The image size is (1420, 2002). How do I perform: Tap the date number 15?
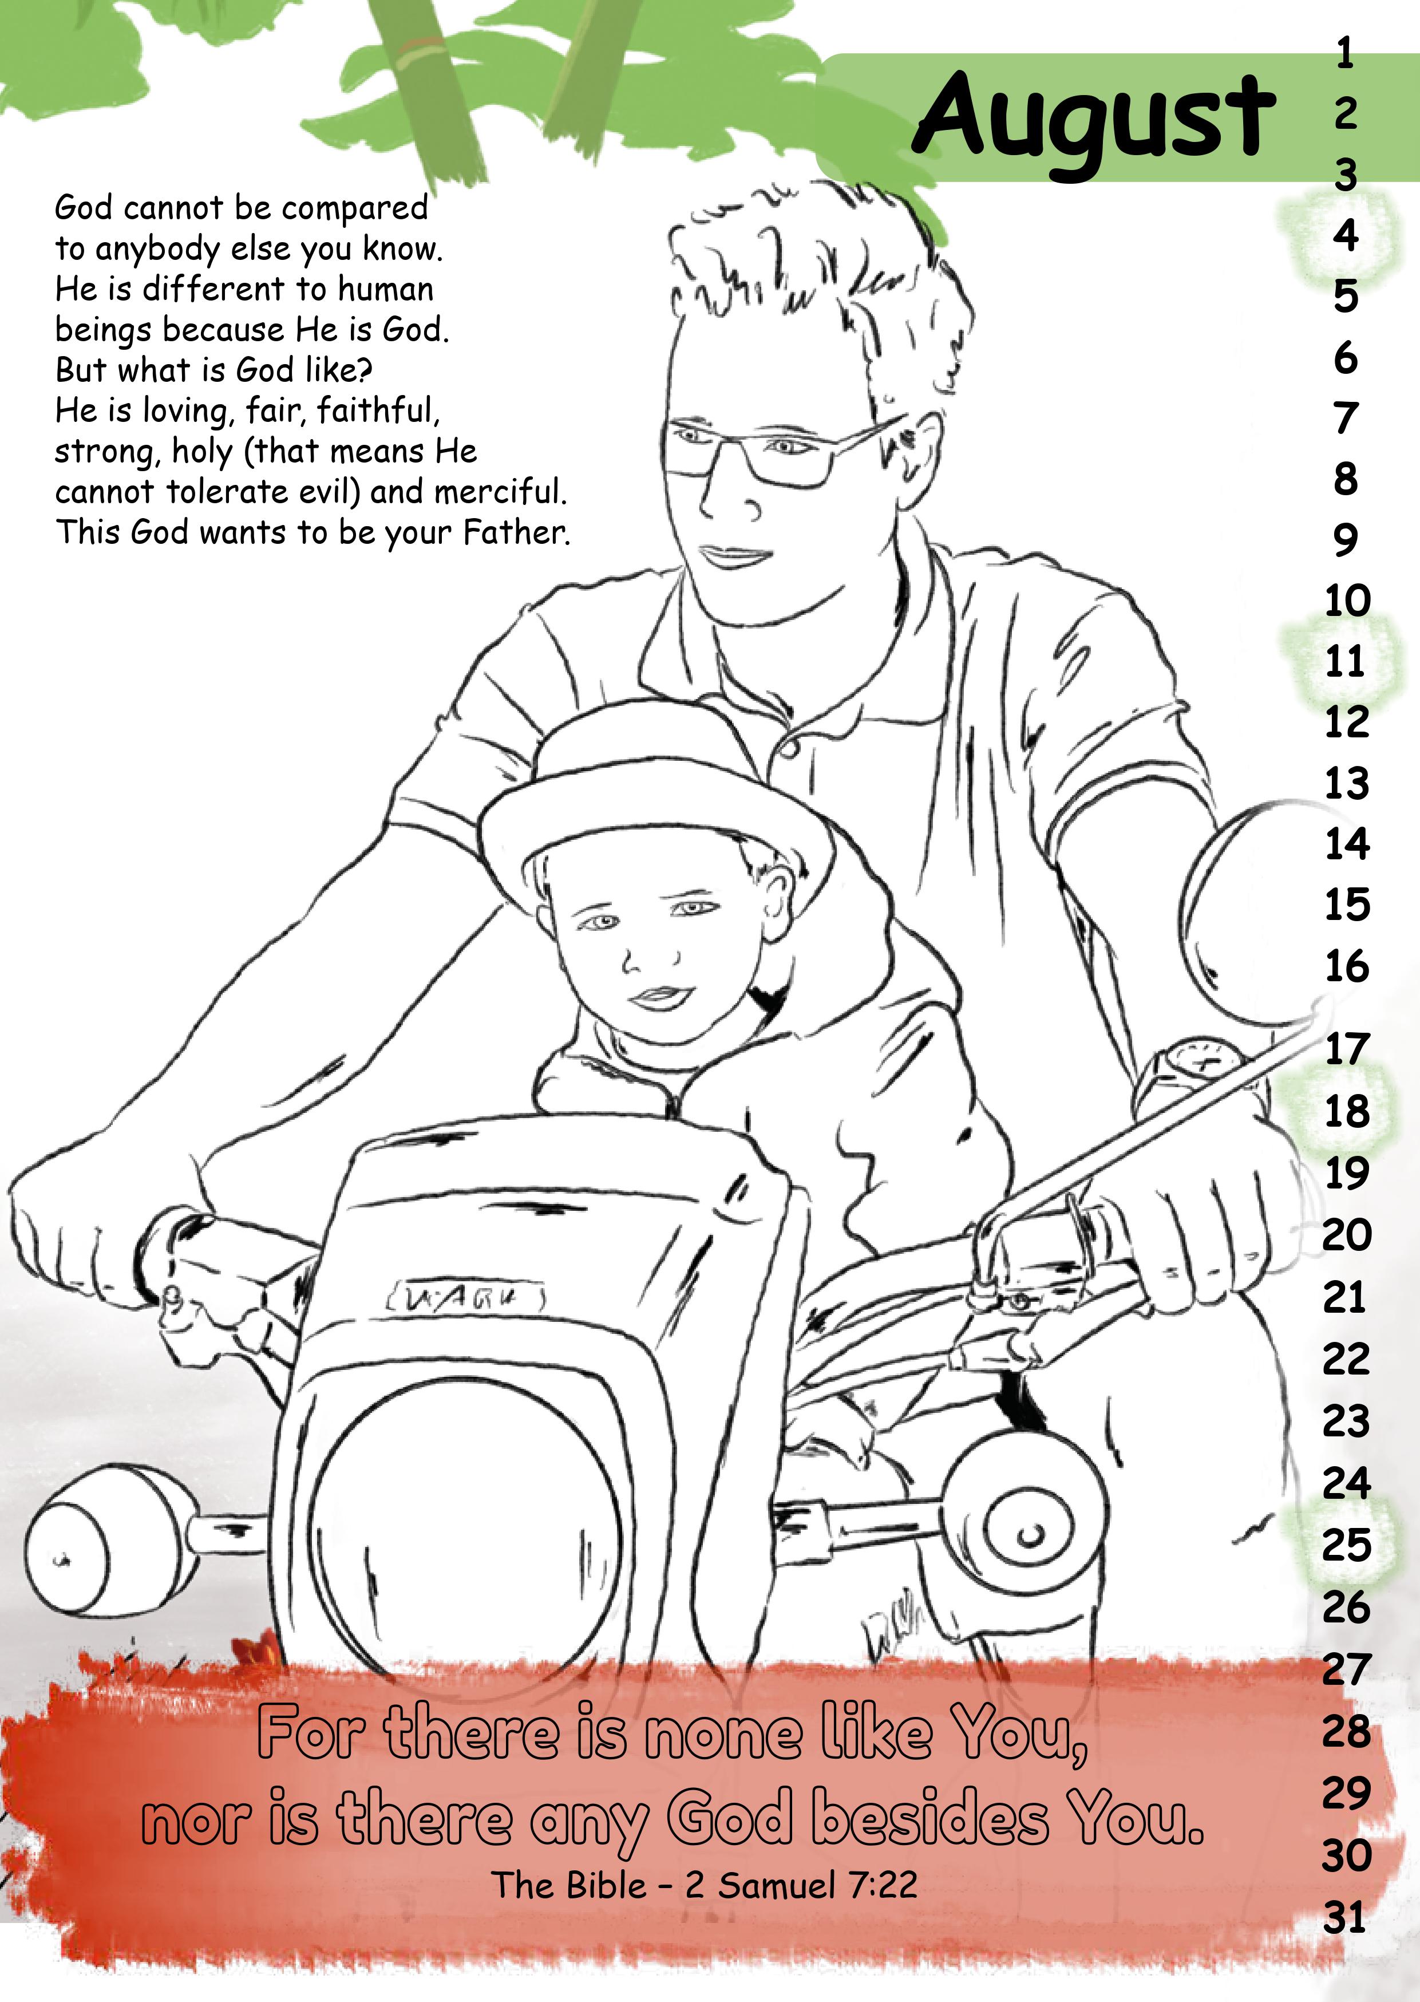click(x=1347, y=905)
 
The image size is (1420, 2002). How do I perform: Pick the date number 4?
click(x=1346, y=235)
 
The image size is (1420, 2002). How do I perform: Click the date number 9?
click(x=1346, y=540)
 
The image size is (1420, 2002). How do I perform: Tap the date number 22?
click(x=1346, y=1359)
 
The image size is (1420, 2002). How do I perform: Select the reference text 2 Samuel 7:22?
click(x=800, y=1885)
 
